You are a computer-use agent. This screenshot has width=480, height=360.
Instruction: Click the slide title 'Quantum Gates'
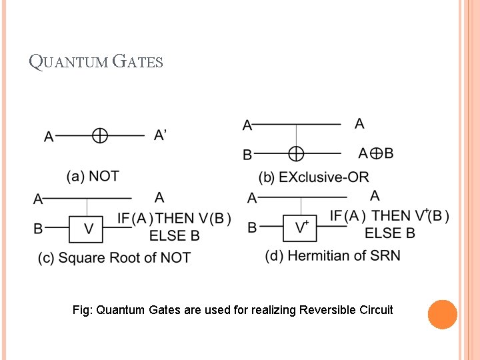[96, 62]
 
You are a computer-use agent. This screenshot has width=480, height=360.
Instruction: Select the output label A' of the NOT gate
[160, 135]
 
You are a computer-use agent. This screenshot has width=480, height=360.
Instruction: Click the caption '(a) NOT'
[93, 176]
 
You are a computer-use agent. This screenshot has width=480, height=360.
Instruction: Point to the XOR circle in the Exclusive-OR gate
[296, 154]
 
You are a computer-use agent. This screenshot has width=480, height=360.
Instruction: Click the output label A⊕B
[375, 153]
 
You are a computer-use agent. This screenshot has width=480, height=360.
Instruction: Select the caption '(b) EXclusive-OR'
[313, 177]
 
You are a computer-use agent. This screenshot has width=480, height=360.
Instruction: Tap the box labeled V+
[302, 227]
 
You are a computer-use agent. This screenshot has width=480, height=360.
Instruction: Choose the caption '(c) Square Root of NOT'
[114, 257]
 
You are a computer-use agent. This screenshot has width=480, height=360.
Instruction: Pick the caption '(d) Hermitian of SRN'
[333, 255]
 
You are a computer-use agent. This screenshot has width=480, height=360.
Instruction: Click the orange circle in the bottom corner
[442, 315]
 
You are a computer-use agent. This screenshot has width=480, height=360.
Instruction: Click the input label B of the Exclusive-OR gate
[247, 155]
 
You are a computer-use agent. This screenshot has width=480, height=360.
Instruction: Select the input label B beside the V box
[38, 229]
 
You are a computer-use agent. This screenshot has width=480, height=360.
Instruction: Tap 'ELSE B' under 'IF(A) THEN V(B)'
[174, 235]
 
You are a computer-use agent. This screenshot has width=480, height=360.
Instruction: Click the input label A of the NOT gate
[49, 137]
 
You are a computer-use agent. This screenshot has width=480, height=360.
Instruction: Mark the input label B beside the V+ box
[252, 227]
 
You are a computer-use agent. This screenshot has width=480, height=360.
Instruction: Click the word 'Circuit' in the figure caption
[376, 310]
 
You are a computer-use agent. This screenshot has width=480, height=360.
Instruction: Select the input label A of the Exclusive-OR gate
[247, 125]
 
